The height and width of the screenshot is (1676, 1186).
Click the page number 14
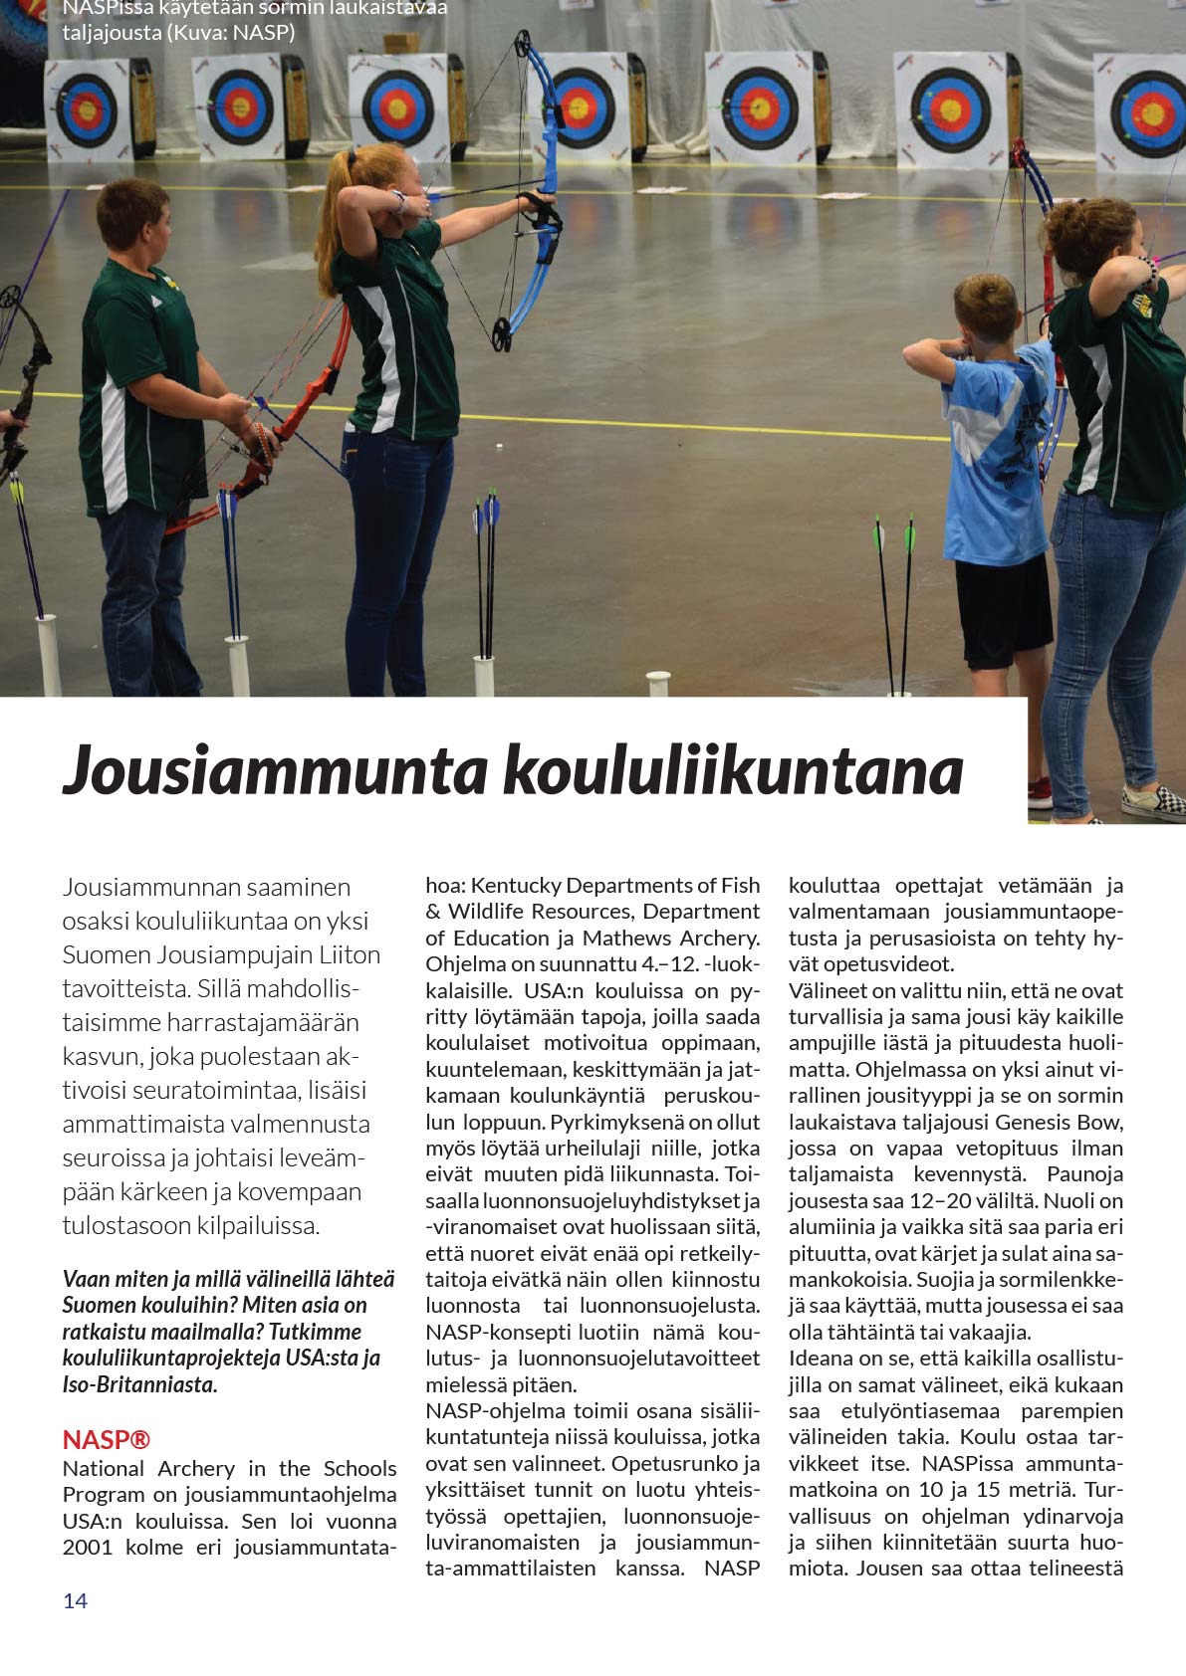75,1600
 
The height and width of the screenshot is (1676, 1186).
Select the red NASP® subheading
106,1439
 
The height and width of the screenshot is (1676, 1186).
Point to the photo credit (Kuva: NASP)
231,32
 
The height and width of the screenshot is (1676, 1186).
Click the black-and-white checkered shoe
1154,798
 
